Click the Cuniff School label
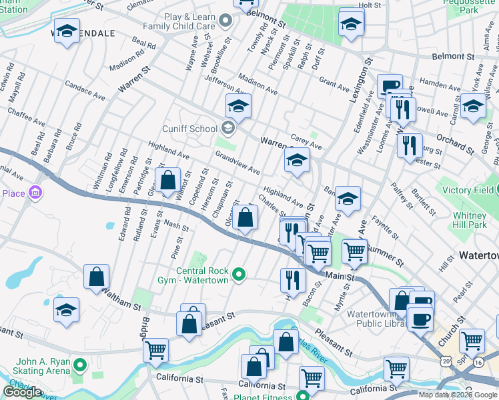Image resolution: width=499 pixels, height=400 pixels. tap(189, 129)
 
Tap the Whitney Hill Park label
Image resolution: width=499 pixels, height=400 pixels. tap(470, 220)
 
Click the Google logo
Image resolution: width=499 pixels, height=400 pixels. tap(21, 392)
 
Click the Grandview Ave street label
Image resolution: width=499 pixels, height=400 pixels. tap(237, 163)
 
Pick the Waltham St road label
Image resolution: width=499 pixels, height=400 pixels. tap(121, 304)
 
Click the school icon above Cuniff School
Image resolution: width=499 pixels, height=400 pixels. tap(238, 105)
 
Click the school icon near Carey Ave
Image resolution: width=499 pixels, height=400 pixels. tap(298, 160)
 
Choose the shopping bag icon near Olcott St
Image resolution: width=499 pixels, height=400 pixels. tap(245, 217)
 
